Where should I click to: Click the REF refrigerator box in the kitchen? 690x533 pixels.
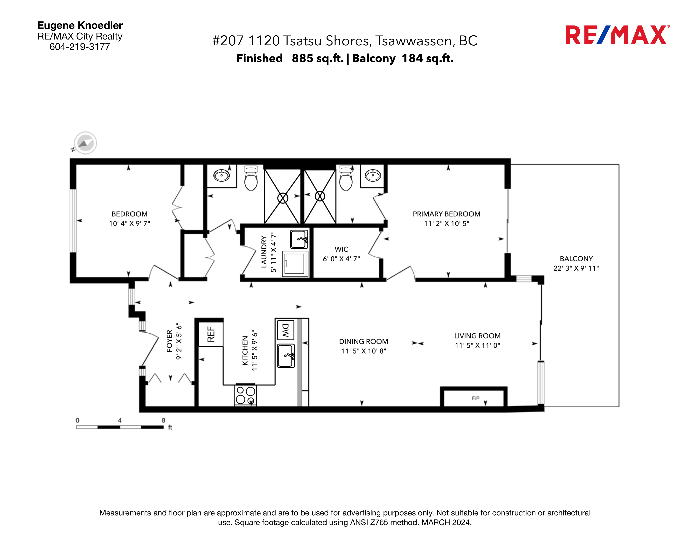coord(211,334)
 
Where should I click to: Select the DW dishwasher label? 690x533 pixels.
coord(285,330)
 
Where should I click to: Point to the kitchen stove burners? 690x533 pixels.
coord(245,395)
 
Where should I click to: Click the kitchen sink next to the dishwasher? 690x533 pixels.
coord(286,356)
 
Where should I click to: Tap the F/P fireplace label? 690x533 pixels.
coord(475,398)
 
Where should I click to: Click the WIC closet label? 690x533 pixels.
coord(341,249)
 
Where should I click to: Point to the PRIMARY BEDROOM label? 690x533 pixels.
coord(446,214)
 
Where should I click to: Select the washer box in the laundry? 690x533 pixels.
coord(295,264)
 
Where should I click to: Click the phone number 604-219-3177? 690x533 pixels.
coord(80,47)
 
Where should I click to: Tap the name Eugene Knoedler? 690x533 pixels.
coord(80,25)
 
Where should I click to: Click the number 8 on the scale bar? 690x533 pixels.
coord(163,420)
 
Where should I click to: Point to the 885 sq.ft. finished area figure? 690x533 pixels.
coord(318,58)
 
